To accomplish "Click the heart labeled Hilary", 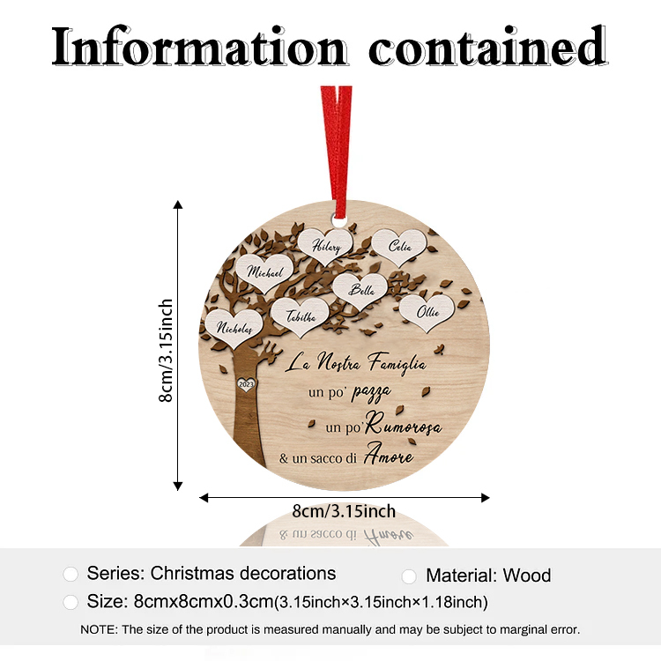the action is pyautogui.click(x=325, y=246).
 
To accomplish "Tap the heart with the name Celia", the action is pyautogui.click(x=399, y=247).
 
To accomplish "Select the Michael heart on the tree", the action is pyautogui.click(x=264, y=272).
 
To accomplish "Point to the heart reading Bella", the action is pyautogui.click(x=360, y=291).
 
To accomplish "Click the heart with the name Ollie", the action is pyautogui.click(x=427, y=312).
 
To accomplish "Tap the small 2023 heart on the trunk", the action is pyautogui.click(x=246, y=384).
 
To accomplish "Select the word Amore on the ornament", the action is pyautogui.click(x=389, y=453).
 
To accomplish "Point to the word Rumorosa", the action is pyautogui.click(x=404, y=425).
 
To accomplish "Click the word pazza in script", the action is pyautogui.click(x=371, y=392).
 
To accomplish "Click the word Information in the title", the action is pyautogui.click(x=199, y=47).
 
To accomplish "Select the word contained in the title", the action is pyautogui.click(x=487, y=46).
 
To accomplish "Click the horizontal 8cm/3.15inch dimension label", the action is pyautogui.click(x=344, y=511).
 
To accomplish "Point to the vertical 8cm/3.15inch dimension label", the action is pyautogui.click(x=166, y=350).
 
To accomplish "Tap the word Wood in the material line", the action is pyautogui.click(x=526, y=576).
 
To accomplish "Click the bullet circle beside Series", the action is pyautogui.click(x=71, y=574).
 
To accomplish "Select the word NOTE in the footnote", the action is pyautogui.click(x=99, y=629).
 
